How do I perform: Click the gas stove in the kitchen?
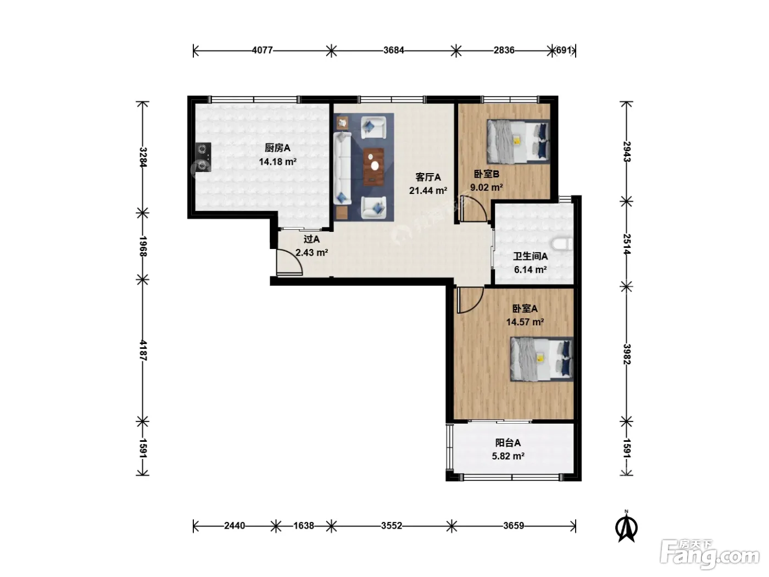coord(203,157)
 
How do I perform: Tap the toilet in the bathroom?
coord(562,245)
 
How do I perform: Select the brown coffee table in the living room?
coord(374,167)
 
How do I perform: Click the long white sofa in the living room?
coord(342,168)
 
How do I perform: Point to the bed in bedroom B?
coord(518,142)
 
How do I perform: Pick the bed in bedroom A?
coord(542,359)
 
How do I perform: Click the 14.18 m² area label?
coord(277,162)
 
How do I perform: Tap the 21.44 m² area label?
coord(428,191)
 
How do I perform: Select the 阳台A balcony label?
coord(508,443)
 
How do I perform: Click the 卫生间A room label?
coord(530,257)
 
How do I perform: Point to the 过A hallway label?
coord(311,239)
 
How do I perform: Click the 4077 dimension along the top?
coord(262,51)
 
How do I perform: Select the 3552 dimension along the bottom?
coord(391,526)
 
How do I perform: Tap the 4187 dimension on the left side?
coord(143,351)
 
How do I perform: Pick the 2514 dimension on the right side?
coord(627,244)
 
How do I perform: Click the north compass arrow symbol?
coord(626,526)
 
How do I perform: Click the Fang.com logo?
coord(710,555)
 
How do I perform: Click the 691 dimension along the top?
coord(563,51)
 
